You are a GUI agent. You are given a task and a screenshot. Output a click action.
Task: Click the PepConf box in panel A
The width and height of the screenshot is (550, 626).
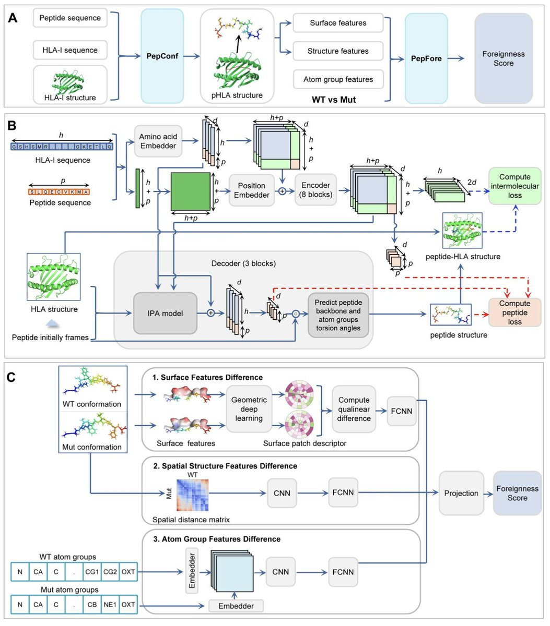pos(162,56)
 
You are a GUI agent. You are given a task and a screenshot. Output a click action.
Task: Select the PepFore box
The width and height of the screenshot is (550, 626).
pos(426,58)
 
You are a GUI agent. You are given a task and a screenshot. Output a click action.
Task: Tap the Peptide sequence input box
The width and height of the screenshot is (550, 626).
pos(70,18)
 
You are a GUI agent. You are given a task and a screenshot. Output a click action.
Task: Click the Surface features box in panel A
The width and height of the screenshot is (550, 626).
pos(338,23)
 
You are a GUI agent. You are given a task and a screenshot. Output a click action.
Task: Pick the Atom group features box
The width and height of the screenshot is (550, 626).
pos(338,79)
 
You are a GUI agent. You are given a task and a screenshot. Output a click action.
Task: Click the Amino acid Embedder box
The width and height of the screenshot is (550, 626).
pos(158,141)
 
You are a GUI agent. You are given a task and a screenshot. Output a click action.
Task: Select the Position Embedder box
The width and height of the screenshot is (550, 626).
pos(252,190)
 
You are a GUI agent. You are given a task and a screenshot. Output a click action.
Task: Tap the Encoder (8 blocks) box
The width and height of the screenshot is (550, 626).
pos(315,190)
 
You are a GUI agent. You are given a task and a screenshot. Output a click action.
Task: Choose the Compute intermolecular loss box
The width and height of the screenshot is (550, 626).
pos(514,186)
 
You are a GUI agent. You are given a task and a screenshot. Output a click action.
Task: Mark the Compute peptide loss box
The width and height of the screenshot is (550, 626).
pos(514,312)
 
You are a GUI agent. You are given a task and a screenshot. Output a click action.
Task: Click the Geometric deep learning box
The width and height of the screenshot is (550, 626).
pos(249,409)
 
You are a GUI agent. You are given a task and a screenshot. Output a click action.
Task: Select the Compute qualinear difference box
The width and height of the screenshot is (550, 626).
pos(354,409)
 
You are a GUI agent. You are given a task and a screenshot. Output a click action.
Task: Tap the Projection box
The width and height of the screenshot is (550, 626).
pos(461,493)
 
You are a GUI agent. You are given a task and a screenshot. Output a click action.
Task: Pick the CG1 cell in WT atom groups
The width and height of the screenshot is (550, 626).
pos(92,572)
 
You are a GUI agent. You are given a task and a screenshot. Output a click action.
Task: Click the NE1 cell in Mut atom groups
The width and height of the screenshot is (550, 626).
pos(110,605)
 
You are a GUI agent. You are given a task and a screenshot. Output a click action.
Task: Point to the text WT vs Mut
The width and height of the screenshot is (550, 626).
pos(333,99)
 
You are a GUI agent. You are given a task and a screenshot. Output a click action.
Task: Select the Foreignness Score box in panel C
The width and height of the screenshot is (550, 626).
pos(517,493)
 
